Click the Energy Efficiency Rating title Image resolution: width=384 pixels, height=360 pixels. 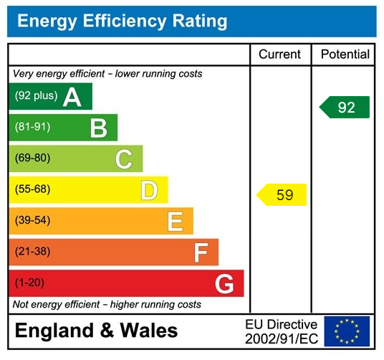(122, 22)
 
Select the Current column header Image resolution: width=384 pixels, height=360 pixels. (280, 55)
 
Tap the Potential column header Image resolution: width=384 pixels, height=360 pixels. (345, 55)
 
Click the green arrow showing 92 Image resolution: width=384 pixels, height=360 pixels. (345, 108)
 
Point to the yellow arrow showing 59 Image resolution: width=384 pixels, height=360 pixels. (282, 195)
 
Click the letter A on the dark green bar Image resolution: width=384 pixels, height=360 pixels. (72, 97)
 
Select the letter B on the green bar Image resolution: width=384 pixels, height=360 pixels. (98, 128)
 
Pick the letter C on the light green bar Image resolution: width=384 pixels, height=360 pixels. (124, 158)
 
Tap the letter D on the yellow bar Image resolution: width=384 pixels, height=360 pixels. (149, 190)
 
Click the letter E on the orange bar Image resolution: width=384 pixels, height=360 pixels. (175, 221)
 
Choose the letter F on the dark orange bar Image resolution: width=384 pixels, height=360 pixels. (201, 252)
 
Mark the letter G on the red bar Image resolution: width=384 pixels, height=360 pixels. (224, 284)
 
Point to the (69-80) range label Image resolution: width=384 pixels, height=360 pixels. (33, 158)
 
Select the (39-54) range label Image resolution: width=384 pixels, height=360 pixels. (33, 221)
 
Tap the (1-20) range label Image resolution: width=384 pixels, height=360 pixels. (30, 283)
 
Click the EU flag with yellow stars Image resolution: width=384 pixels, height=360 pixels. (347, 331)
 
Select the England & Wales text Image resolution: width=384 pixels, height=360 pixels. (97, 331)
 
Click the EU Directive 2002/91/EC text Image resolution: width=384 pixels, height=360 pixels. (281, 331)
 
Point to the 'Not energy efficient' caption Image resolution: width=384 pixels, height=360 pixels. (107, 305)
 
